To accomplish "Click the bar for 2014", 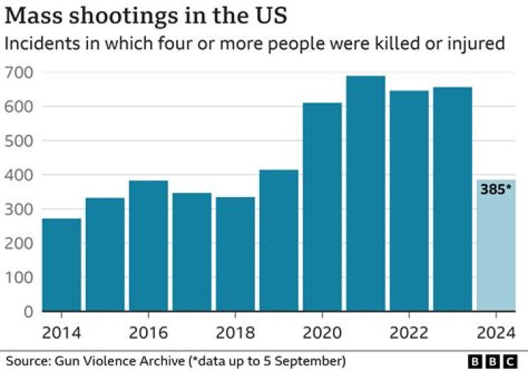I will click(62, 265).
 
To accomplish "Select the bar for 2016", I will click(149, 246).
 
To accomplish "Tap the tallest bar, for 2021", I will click(366, 194).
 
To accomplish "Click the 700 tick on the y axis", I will click(18, 73).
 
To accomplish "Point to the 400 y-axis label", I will click(18, 175).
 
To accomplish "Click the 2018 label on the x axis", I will click(235, 331).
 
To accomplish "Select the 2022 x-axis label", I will click(409, 331).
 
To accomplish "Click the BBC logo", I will click(492, 361).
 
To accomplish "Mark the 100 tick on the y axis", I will click(18, 278).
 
